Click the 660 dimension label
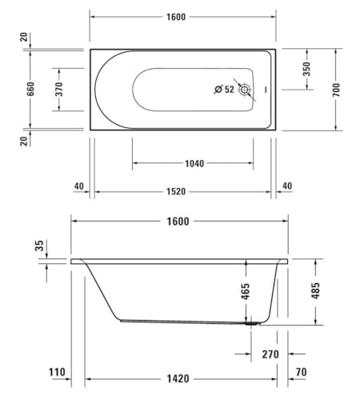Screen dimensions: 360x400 [31, 89]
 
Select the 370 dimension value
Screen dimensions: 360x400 [59, 89]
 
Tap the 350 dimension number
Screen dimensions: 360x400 [307, 69]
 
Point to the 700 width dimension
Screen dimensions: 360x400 [336, 89]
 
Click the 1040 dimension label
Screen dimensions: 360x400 [194, 163]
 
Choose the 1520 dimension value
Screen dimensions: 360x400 [176, 192]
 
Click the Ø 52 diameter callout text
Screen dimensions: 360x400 [224, 89]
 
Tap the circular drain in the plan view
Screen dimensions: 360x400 [245, 89]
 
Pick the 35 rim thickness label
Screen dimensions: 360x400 [40, 246]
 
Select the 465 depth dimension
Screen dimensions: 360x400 [245, 291]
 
